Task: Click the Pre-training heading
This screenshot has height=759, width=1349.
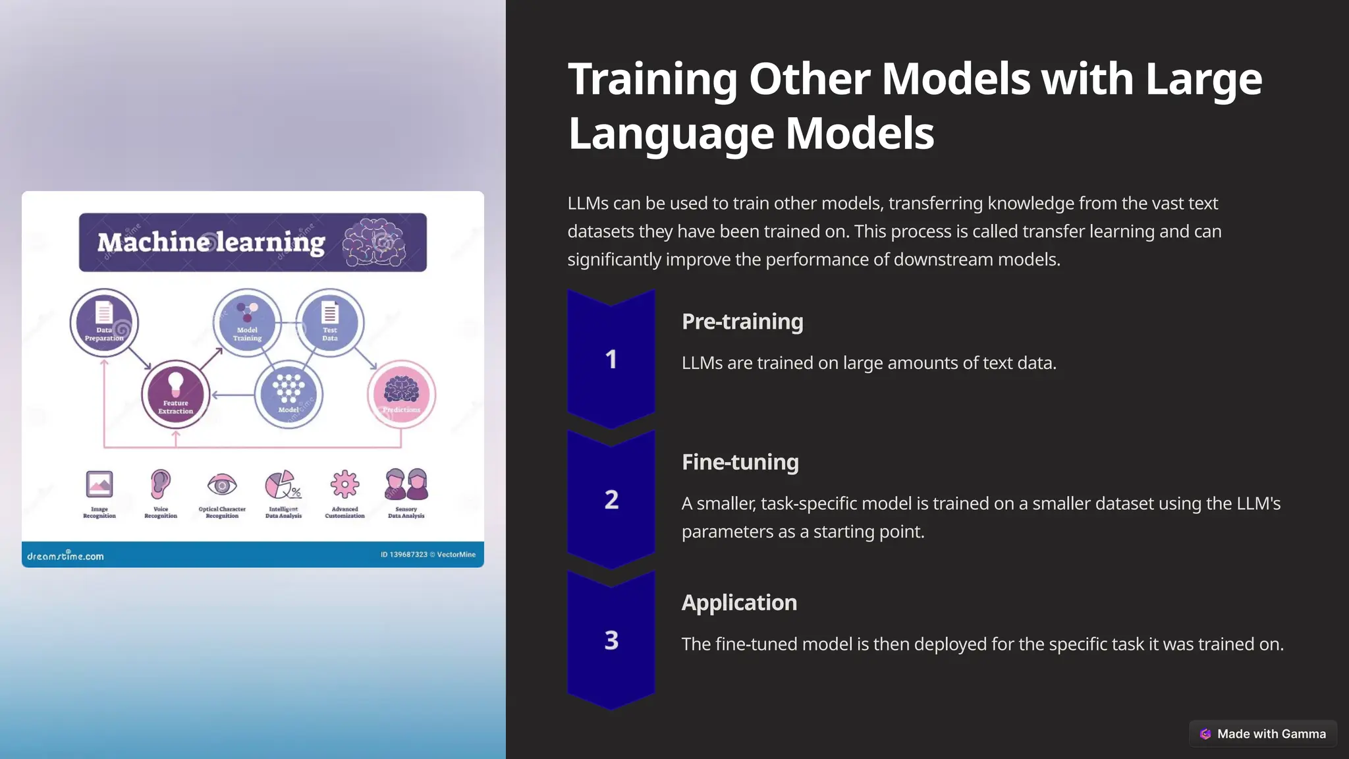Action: click(x=742, y=322)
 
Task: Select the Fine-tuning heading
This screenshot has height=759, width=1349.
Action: click(x=740, y=462)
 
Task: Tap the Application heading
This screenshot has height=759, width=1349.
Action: click(x=739, y=602)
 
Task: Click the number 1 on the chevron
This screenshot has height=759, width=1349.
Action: click(x=611, y=359)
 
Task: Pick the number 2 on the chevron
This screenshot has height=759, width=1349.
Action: click(x=611, y=499)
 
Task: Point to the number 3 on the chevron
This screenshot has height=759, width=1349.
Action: click(x=611, y=640)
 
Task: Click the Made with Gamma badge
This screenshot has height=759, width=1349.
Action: click(x=1263, y=733)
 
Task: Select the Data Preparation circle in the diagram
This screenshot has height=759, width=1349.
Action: click(x=104, y=322)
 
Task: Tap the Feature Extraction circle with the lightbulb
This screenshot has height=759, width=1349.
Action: click(x=176, y=394)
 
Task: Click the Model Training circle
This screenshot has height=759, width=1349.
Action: click(x=247, y=322)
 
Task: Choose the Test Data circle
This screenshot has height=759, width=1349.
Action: click(x=330, y=322)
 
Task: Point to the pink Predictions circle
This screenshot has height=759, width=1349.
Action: click(x=401, y=394)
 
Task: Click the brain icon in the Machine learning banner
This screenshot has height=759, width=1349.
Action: click(x=374, y=242)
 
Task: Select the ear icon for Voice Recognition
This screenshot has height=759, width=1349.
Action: click(x=160, y=484)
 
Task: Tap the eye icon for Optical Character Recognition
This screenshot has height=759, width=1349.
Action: click(x=222, y=486)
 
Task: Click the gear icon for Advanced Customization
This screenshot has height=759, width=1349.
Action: click(x=344, y=485)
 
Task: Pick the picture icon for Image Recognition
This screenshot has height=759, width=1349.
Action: click(x=99, y=484)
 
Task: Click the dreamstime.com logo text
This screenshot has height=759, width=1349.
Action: click(x=65, y=555)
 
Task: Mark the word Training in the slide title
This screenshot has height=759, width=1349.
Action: click(x=653, y=79)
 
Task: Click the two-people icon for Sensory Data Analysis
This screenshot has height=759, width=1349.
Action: click(x=406, y=484)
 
